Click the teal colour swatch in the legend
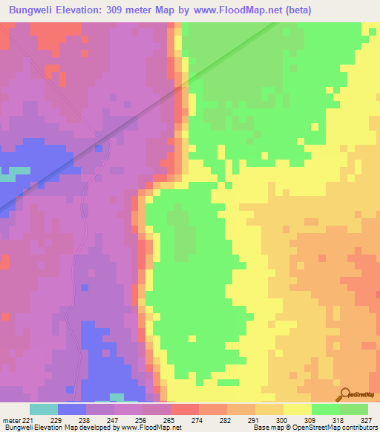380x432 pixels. coord(44,409)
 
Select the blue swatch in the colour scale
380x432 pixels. coord(72,409)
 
